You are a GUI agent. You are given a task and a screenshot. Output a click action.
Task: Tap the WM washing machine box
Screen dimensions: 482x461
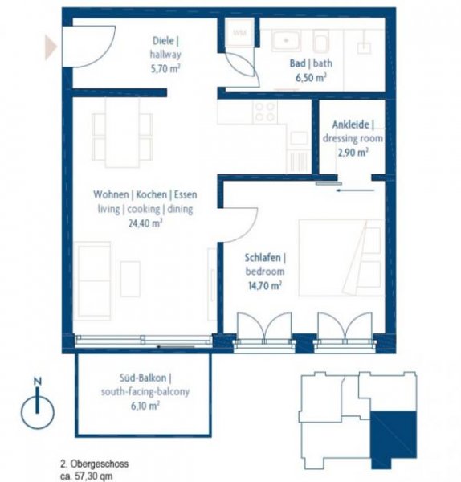239,33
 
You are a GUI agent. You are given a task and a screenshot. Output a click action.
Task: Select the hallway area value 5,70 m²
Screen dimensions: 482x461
166,69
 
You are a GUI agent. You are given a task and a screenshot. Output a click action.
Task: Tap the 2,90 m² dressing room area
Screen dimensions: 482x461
352,151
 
